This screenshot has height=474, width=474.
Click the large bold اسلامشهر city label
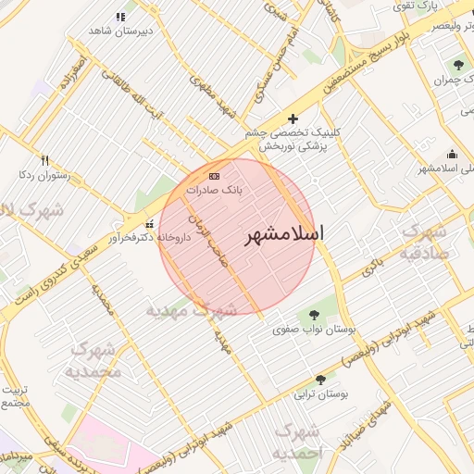tap(284, 235)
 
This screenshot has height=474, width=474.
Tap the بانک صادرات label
tap(214, 189)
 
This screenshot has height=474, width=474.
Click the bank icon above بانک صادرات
tap(215, 175)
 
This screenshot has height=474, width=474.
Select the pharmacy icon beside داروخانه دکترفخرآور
tap(150, 223)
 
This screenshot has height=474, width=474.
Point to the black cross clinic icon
tap(293, 118)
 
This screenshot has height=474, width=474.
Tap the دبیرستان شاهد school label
tap(119, 31)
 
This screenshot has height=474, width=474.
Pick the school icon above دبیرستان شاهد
tap(119, 17)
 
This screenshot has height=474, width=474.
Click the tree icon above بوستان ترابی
tap(320, 380)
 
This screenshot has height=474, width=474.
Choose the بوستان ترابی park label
tap(320, 394)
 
